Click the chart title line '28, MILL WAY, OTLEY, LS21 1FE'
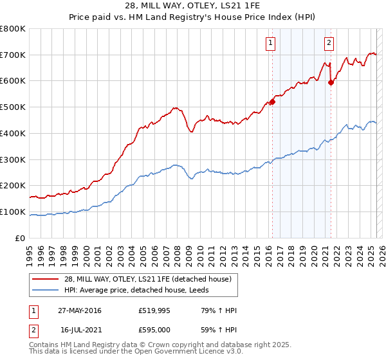pos(192,6)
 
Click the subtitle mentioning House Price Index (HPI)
pos(192,17)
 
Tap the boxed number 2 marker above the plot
pos(329,43)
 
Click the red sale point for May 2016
pos(272,102)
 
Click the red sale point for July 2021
pos(331,82)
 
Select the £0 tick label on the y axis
pos(20,238)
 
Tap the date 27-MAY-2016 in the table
pos(80,311)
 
